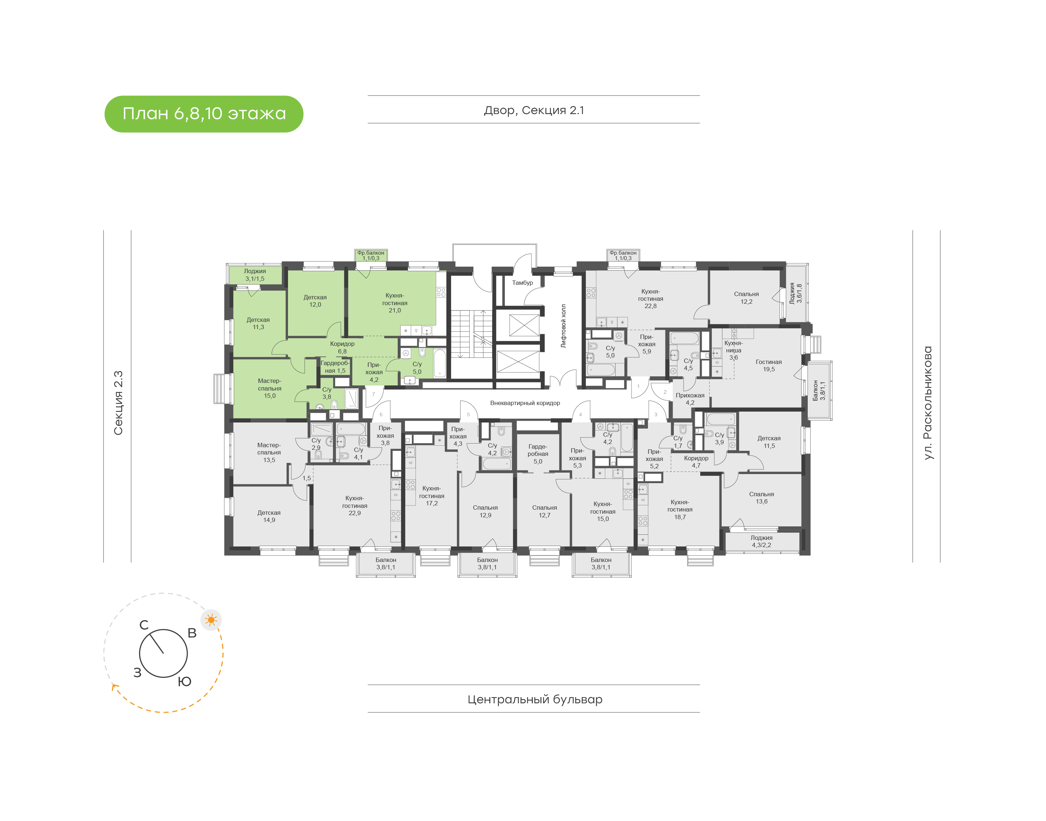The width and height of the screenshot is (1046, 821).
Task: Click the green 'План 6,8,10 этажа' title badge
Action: click(204, 114)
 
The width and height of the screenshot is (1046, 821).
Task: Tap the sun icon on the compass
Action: click(211, 620)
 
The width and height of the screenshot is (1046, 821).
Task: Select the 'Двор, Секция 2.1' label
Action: click(534, 110)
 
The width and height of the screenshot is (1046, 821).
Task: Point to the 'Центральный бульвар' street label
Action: click(535, 699)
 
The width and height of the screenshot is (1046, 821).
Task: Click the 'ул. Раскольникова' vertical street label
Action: click(928, 403)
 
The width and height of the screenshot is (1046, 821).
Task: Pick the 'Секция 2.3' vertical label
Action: click(118, 403)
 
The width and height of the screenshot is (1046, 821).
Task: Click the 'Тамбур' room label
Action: click(522, 283)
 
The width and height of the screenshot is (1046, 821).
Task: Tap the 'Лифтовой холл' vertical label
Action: click(564, 326)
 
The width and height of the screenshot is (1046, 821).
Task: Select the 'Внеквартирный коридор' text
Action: click(525, 403)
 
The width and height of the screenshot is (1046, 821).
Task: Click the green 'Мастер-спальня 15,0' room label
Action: click(269, 388)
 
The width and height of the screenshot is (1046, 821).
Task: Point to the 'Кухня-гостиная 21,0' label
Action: click(394, 303)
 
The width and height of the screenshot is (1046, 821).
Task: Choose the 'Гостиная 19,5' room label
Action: click(769, 365)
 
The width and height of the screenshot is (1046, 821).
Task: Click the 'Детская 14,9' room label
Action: click(269, 516)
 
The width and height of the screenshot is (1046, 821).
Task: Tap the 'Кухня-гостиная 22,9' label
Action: click(354, 506)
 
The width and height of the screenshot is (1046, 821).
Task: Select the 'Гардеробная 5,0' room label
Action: click(538, 454)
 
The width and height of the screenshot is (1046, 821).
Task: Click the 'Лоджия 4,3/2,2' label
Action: click(762, 541)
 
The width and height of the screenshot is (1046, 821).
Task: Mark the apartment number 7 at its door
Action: click(373, 394)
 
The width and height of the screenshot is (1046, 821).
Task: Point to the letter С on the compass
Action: click(144, 625)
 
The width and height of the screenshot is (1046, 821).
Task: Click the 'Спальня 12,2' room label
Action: click(746, 298)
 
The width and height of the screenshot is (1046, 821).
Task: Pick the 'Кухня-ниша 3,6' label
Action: click(734, 350)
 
